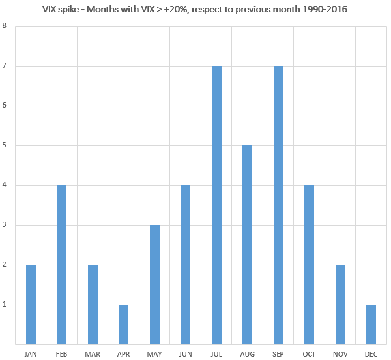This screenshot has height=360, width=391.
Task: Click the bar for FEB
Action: pyautogui.click(x=61, y=264)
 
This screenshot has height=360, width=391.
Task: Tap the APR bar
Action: pyautogui.click(x=124, y=323)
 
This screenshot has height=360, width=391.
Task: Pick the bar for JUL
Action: pyautogui.click(x=217, y=205)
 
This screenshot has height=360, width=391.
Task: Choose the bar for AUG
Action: pyautogui.click(x=248, y=245)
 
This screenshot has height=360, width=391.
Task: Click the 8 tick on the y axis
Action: pyautogui.click(x=5, y=27)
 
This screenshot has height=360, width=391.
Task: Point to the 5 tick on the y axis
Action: pyautogui.click(x=5, y=145)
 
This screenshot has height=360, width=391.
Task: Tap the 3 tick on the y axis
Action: pyautogui.click(x=5, y=225)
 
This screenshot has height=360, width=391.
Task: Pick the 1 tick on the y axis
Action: pyautogui.click(x=5, y=304)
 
